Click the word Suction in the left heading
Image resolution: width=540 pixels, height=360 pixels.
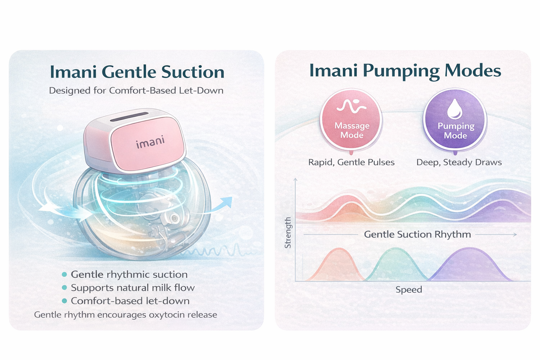[x=193, y=72]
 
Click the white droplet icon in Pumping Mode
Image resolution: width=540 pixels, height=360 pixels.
[x=455, y=109]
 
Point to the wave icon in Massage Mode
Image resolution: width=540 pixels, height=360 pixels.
[x=351, y=106]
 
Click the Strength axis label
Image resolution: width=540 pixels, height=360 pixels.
[x=288, y=233]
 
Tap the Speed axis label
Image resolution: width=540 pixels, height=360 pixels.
[x=409, y=290]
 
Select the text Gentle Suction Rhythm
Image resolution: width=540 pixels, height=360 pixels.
[x=417, y=234]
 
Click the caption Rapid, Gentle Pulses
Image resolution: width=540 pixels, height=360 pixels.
[x=351, y=162]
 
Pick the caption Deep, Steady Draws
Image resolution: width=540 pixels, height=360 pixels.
[x=459, y=162]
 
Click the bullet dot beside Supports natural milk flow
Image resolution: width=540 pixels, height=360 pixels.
[x=64, y=288]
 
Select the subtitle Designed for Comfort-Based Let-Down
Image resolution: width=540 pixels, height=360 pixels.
[x=136, y=91]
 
